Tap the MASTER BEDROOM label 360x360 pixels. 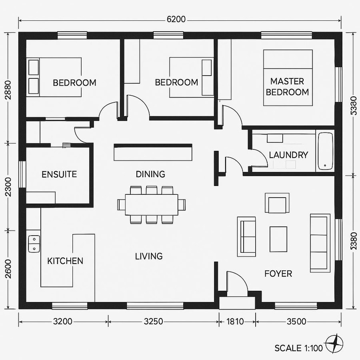tap(287, 86)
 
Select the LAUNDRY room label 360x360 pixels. tap(288, 155)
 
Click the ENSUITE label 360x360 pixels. tap(59, 174)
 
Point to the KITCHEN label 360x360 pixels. tap(65, 261)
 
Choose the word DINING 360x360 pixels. tap(150, 174)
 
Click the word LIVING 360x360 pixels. tap(149, 256)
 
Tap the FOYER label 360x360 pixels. tap(278, 274)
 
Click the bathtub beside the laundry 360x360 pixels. tap(324, 151)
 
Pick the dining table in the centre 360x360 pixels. tap(151, 204)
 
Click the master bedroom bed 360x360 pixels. tap(288, 78)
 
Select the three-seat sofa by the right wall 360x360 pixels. tap(320, 243)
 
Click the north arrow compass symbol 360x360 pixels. tap(334, 343)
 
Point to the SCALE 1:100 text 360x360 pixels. tap(298, 348)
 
